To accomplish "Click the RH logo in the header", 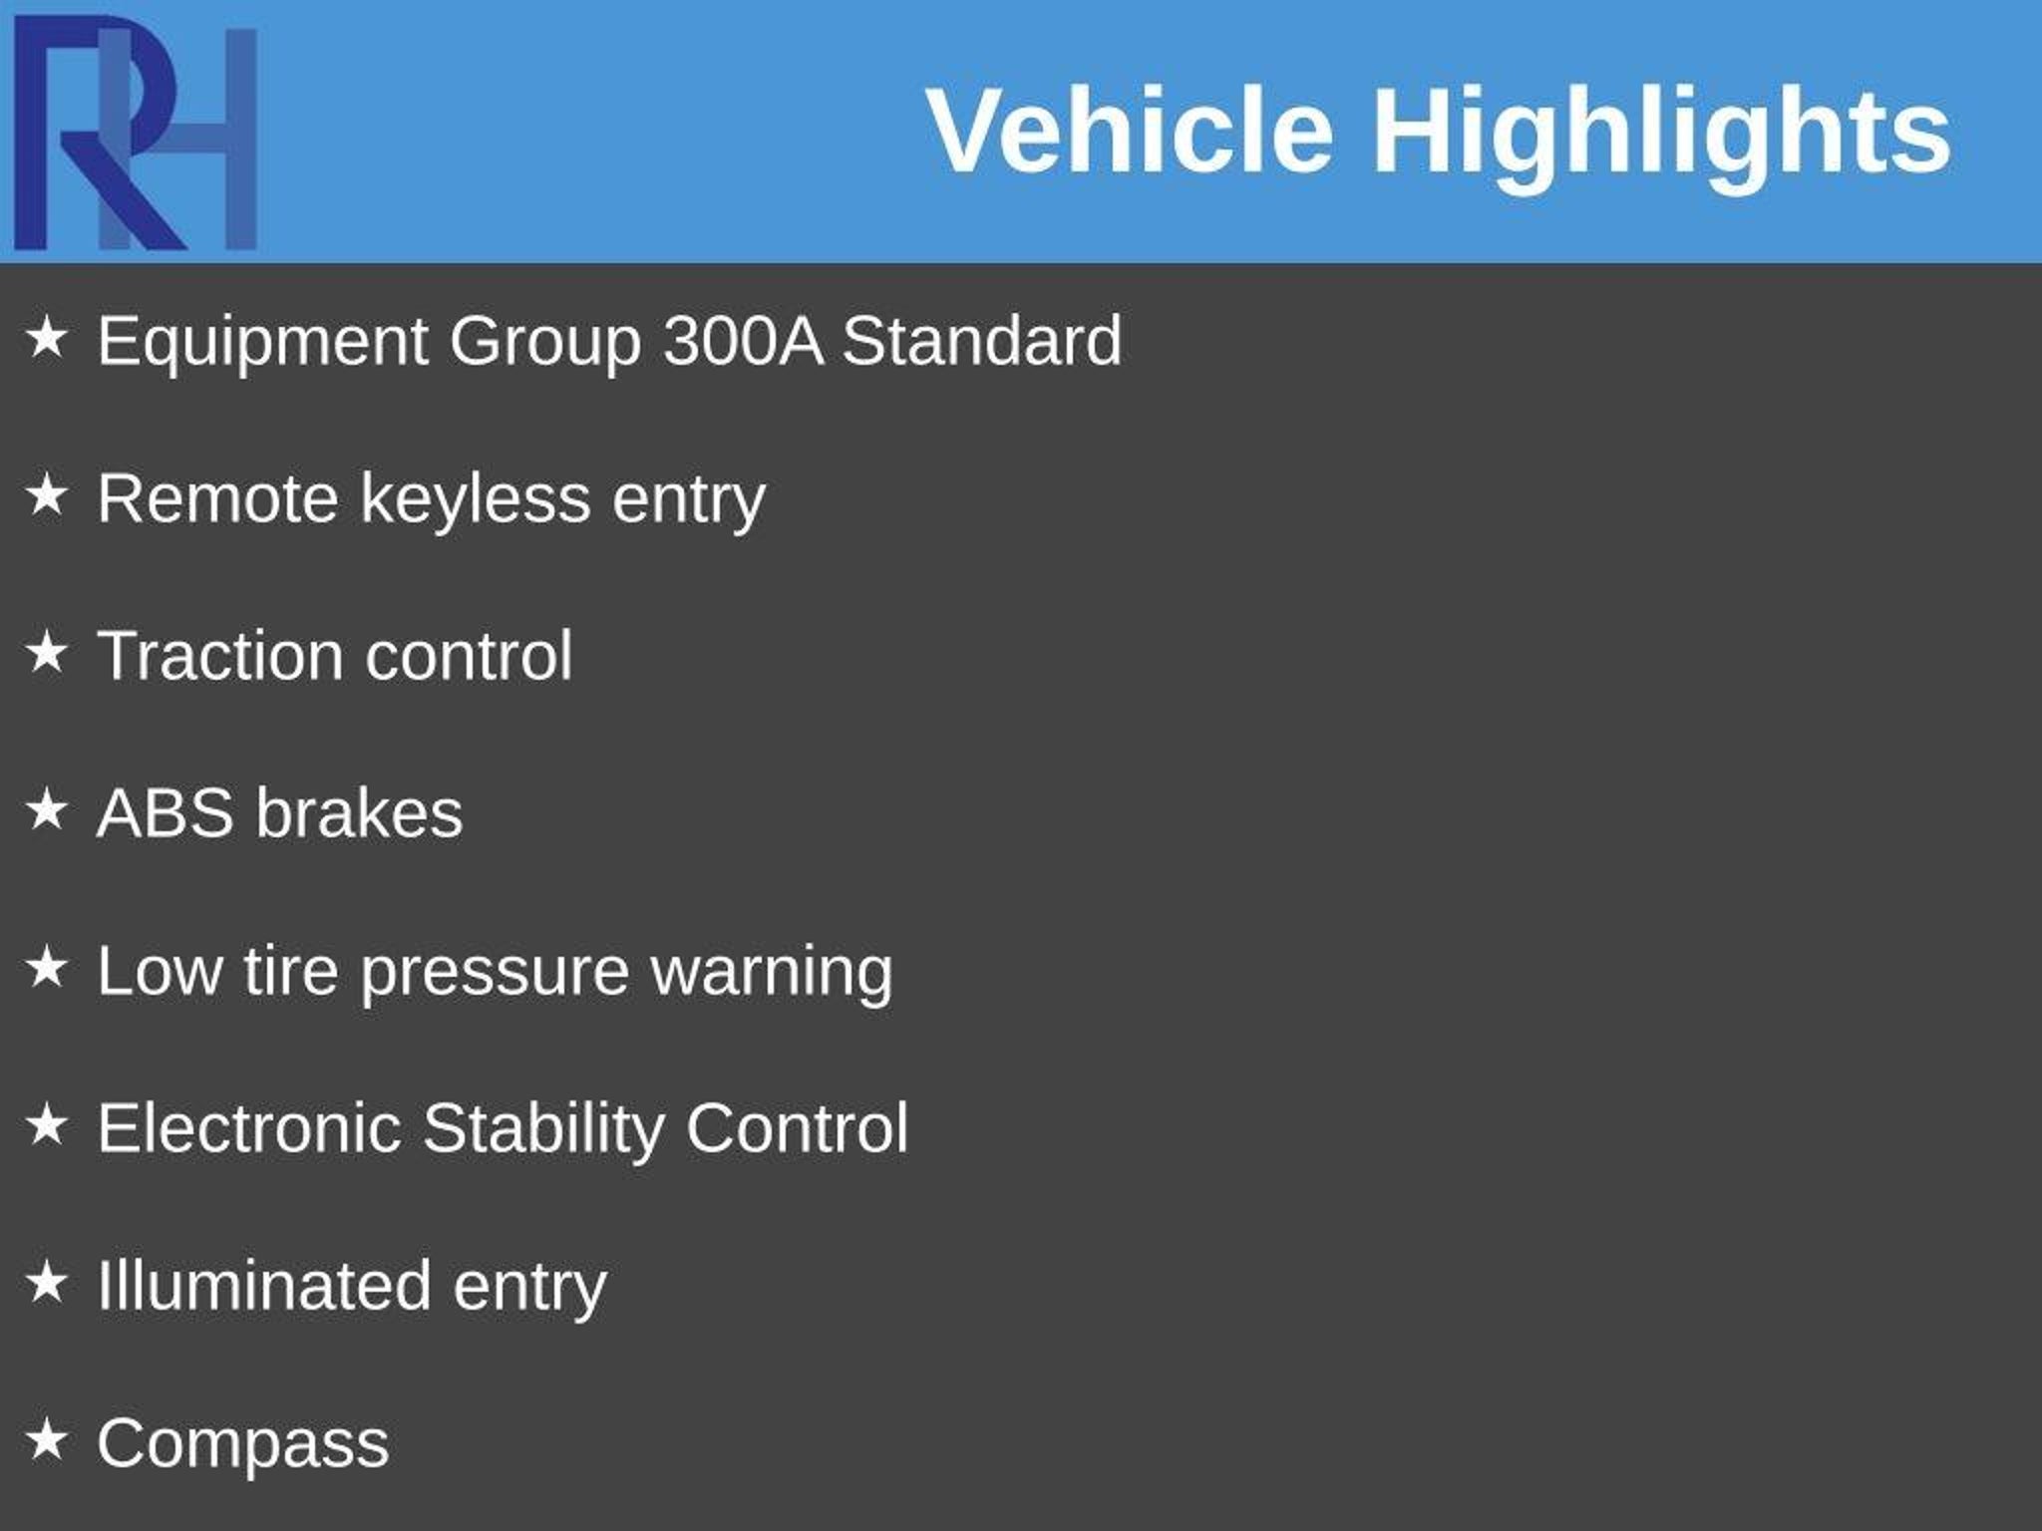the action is tap(136, 132).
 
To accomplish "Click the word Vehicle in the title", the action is tap(1131, 131).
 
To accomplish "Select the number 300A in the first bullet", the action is tap(743, 341).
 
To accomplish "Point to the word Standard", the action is tap(982, 341).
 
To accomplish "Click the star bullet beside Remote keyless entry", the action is tap(46, 495).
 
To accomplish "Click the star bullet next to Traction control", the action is tap(46, 653).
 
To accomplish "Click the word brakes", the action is tap(359, 813).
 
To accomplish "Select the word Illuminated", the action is tap(264, 1286).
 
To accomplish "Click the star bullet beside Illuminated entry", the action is tap(46, 1282).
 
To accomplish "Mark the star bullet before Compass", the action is tap(46, 1439).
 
